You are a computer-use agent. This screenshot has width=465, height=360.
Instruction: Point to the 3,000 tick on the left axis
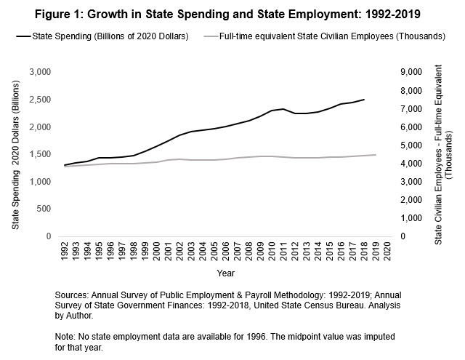(39, 73)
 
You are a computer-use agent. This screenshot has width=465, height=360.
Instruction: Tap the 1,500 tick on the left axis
(39, 154)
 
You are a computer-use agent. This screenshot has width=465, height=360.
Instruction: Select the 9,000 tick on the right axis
(411, 73)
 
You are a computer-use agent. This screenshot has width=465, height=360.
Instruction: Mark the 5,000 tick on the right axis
(411, 145)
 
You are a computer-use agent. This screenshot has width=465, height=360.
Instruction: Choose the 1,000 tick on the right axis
(411, 218)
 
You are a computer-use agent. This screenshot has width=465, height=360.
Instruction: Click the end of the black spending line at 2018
(363, 100)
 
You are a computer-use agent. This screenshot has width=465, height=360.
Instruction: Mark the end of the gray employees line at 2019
(374, 155)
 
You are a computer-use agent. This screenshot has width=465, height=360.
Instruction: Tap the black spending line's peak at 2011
(283, 109)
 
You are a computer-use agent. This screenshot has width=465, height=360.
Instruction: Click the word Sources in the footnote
(72, 295)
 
